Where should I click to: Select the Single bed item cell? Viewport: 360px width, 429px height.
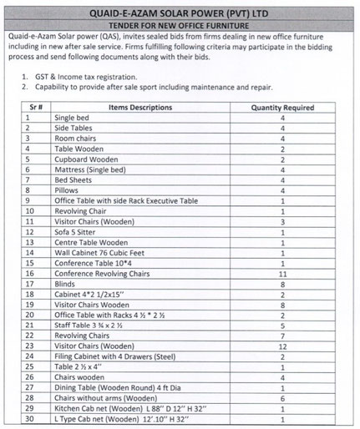click(72, 118)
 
